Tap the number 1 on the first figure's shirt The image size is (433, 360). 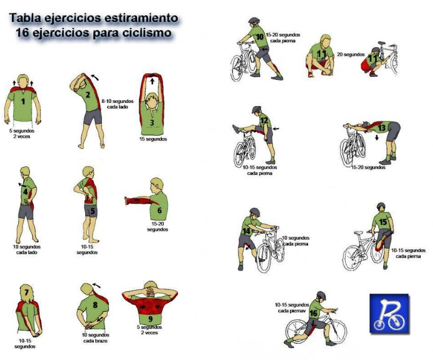pos(23,102)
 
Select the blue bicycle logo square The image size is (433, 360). pos(389,313)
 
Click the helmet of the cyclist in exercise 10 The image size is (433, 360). pos(254,20)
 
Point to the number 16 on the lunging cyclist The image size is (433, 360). pos(313,313)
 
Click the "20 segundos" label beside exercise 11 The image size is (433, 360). pos(350,55)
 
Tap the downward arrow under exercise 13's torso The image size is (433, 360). pos(377,138)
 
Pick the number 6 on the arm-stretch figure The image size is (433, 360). pos(159,211)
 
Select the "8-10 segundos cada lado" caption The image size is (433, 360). pos(118,104)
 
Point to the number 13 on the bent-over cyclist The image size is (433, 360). pos(382,128)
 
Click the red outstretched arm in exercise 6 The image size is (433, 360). pos(138,200)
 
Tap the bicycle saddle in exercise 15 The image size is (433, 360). pos(358,232)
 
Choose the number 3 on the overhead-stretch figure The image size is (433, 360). pos(152,123)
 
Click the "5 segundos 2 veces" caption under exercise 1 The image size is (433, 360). pos(22,133)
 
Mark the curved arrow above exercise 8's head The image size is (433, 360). pos(96,285)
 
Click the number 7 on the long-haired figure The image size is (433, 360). pos(26,292)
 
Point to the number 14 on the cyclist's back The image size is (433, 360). pos(246,231)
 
